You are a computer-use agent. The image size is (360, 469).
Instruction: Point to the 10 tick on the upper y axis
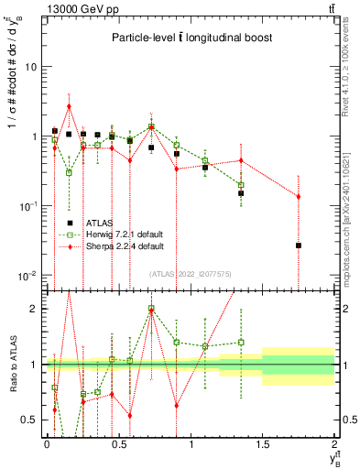(x=36, y=67)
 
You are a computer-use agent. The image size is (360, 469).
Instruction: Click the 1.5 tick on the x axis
(x=263, y=443)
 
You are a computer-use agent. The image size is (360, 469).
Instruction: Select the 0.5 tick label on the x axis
(x=118, y=443)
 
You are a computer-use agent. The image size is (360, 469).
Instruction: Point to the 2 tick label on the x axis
(x=334, y=443)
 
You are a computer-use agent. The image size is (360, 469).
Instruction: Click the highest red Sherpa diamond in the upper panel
(x=69, y=106)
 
